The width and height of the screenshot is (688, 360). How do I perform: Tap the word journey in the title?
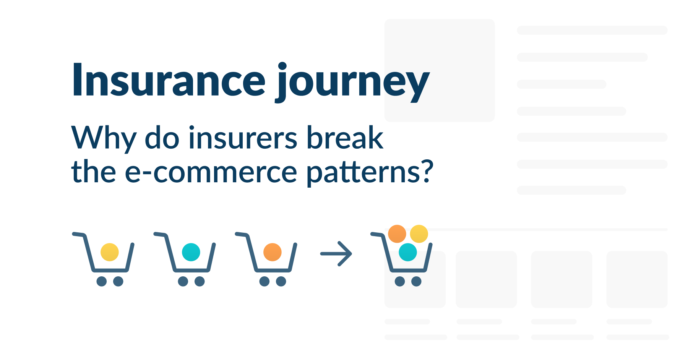click(352, 82)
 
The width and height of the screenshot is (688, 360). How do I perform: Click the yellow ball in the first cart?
click(110, 252)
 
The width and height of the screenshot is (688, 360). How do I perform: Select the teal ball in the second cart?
click(191, 252)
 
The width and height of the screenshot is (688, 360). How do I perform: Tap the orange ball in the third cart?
click(273, 252)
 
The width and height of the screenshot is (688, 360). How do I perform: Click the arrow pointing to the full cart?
click(336, 253)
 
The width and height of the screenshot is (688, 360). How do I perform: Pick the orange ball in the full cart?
click(397, 234)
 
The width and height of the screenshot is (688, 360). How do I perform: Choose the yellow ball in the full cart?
click(419, 234)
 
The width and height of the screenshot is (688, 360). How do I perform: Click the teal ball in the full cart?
click(408, 252)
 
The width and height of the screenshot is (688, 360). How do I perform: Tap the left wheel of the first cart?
click(102, 282)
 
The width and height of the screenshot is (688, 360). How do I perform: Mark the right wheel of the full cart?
click(416, 282)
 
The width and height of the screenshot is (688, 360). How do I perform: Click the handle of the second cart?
click(159, 234)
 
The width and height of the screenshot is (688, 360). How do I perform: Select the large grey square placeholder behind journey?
click(440, 38)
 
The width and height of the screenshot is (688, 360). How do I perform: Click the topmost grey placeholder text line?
click(592, 30)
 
